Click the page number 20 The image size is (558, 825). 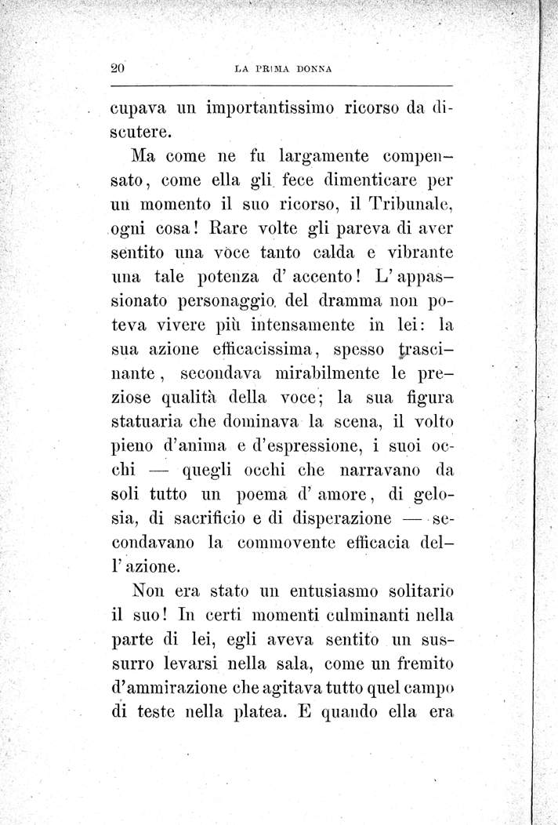pyautogui.click(x=118, y=68)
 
